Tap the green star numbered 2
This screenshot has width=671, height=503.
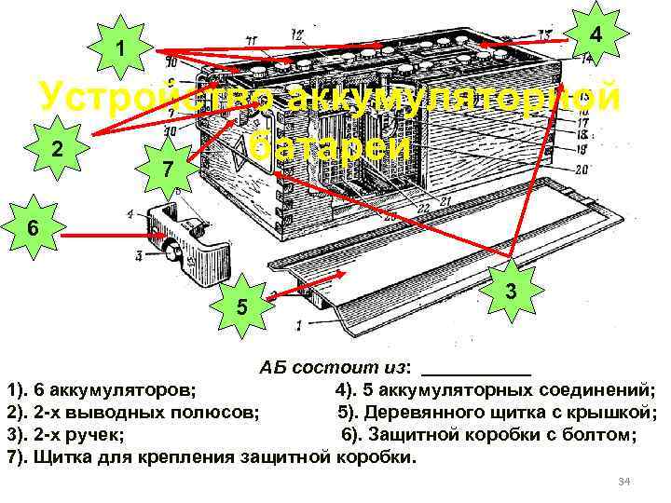click(x=58, y=150)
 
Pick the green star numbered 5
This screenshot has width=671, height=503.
click(x=240, y=305)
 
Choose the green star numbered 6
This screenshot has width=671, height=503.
click(x=32, y=225)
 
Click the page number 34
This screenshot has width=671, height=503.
click(x=624, y=481)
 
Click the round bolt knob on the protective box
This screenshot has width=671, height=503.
click(x=171, y=250)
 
